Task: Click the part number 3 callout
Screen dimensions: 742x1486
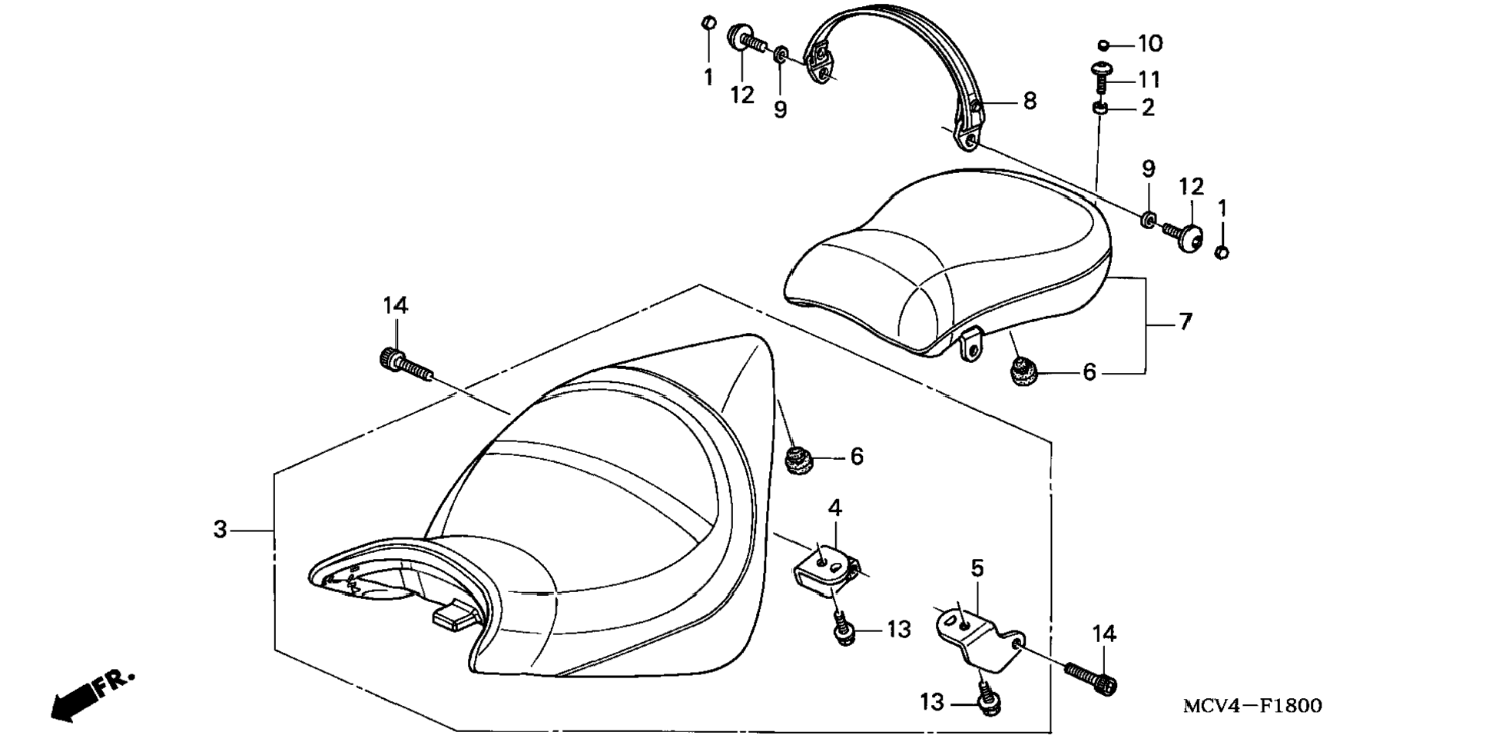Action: (221, 530)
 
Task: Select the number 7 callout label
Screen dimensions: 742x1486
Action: (1185, 321)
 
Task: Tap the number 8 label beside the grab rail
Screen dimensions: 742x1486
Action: (1030, 101)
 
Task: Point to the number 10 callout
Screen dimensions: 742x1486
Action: (1150, 44)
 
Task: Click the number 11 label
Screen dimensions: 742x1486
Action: (1149, 79)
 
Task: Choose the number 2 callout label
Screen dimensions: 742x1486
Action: (1148, 108)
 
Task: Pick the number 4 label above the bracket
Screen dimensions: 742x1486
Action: (834, 507)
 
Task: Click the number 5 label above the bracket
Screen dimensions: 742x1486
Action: (977, 568)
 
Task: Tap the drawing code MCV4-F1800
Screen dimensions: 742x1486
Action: (1252, 705)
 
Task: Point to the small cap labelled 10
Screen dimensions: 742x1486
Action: (1103, 45)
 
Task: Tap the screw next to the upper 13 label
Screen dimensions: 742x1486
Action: (843, 631)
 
